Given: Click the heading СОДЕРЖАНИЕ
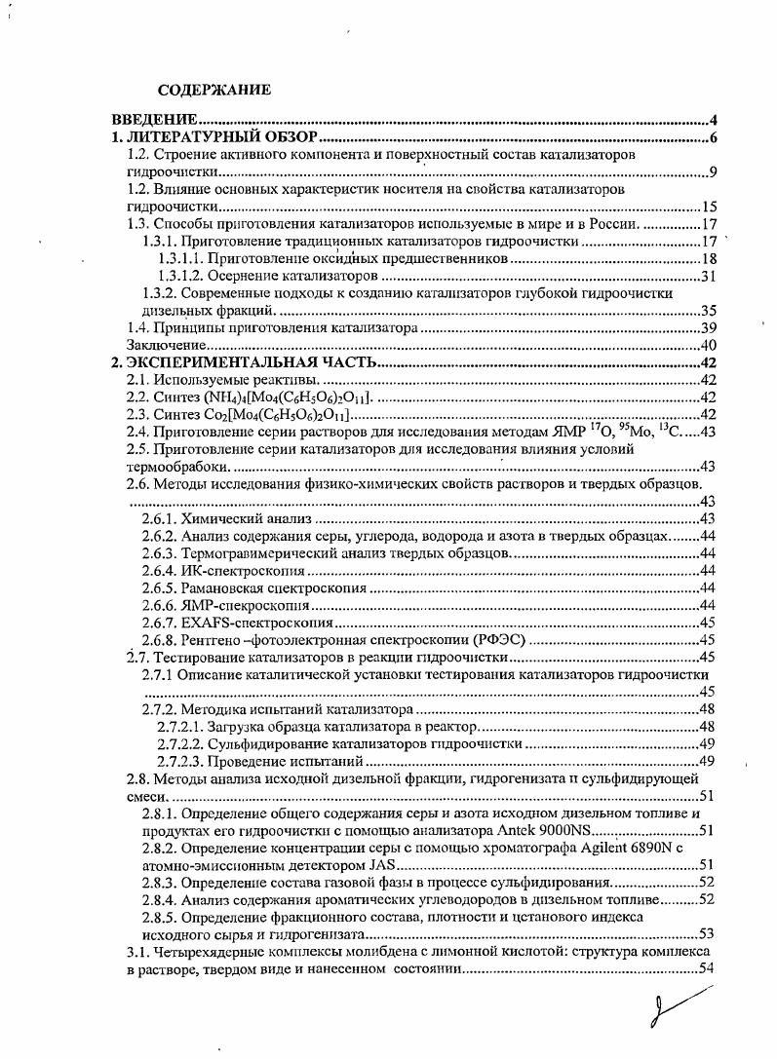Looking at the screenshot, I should click(x=214, y=91).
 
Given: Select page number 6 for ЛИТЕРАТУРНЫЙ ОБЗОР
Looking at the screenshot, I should click(x=714, y=137).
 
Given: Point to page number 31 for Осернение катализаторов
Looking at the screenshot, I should click(x=710, y=277).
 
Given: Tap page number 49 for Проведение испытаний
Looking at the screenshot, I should click(x=709, y=762).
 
